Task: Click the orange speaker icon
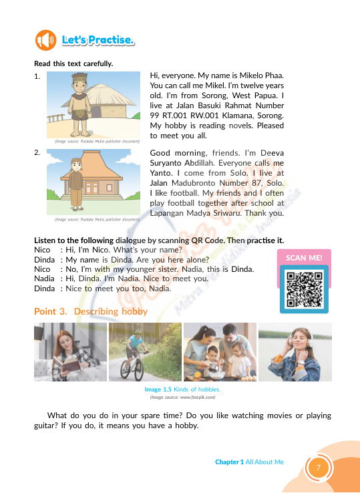point(45,40)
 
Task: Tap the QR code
point(304,289)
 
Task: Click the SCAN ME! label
point(304,258)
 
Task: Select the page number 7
point(319,467)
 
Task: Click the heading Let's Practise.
point(98,40)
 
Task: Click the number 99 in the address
point(155,116)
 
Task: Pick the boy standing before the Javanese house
point(76,184)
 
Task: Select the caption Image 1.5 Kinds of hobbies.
point(182,389)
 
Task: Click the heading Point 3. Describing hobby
point(91,311)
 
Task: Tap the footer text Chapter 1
point(229,462)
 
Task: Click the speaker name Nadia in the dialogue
point(44,279)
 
